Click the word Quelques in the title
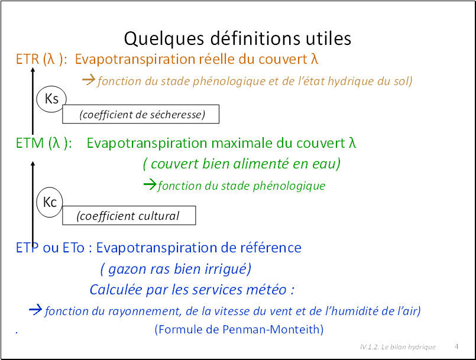164,39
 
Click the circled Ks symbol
51,99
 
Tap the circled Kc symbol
50,202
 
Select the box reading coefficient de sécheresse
141,114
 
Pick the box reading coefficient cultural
129,216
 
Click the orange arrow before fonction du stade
89,80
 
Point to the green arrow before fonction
150,184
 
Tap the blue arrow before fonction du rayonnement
35,310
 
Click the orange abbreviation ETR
27,59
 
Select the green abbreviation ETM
30,143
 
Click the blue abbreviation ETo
73,248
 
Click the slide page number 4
456,346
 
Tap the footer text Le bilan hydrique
409,347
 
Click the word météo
266,290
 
